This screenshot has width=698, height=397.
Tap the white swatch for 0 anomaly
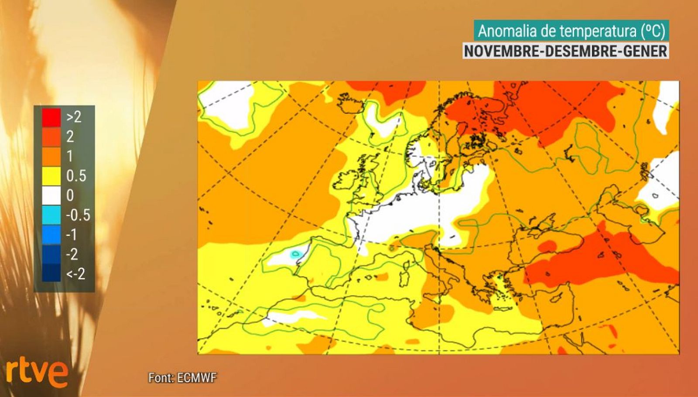point(51,195)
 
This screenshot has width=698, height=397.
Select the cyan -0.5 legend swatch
point(51,215)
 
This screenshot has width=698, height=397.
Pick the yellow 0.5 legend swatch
point(51,176)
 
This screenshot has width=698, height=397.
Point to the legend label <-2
point(75,274)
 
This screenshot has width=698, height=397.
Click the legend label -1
point(71,235)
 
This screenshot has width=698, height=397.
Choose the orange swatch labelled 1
point(51,156)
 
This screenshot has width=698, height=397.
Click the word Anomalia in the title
point(507,31)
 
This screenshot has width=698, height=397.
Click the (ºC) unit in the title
point(653,31)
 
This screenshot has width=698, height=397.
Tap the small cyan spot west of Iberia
point(296,253)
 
